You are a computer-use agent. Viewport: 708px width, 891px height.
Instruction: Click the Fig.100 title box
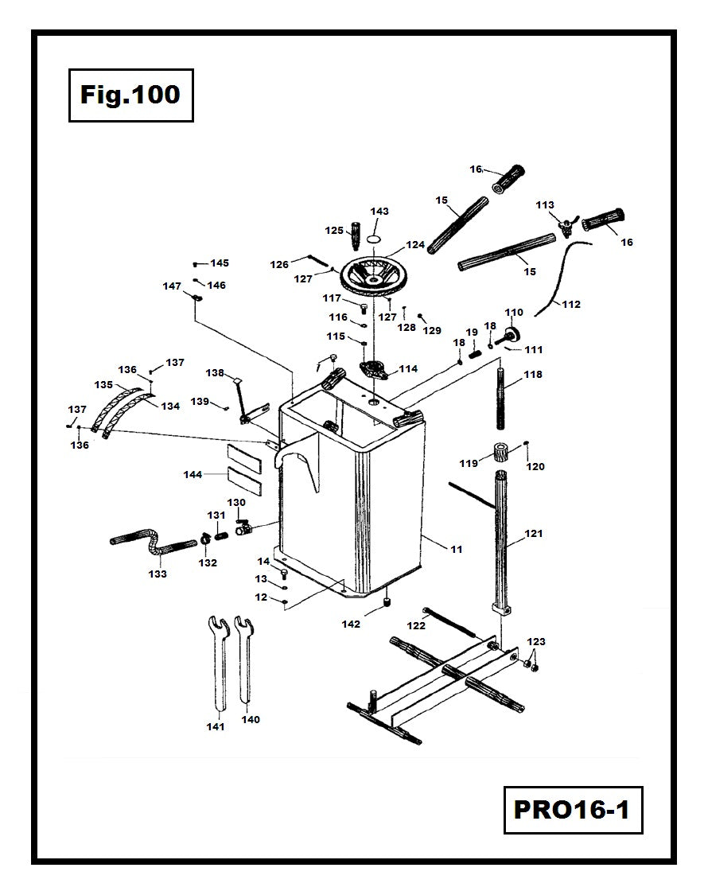(x=130, y=95)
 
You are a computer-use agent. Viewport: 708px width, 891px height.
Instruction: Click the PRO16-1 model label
(x=572, y=810)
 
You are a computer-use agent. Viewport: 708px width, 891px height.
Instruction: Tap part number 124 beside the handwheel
(x=415, y=245)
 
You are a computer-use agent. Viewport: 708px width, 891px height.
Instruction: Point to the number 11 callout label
(x=456, y=550)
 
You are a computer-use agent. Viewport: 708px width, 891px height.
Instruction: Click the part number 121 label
(x=533, y=533)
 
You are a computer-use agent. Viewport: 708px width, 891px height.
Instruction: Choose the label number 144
(x=193, y=475)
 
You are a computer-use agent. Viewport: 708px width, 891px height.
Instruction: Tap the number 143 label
(x=379, y=212)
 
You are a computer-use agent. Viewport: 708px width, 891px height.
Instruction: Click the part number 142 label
(x=351, y=624)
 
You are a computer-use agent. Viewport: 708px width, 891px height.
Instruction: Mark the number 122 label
(x=416, y=626)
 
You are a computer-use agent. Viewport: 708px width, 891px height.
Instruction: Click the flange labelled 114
(x=373, y=369)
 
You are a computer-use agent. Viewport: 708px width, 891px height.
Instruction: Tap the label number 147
(x=172, y=286)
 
